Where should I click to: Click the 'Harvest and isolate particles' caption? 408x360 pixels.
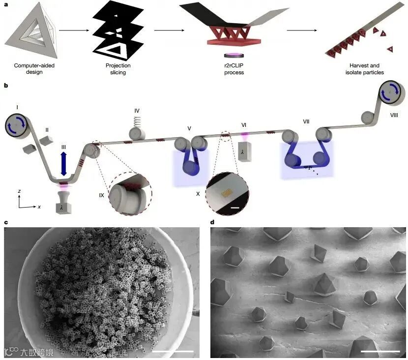pyautogui.click(x=364, y=69)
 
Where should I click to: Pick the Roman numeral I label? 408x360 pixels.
pyautogui.click(x=17, y=106)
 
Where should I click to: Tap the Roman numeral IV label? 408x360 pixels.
pyautogui.click(x=137, y=111)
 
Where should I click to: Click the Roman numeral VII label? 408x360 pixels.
pyautogui.click(x=306, y=121)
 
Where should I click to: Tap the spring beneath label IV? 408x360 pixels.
pyautogui.click(x=137, y=120)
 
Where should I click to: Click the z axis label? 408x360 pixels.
pyautogui.click(x=19, y=189)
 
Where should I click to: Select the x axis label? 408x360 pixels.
pyautogui.click(x=39, y=207)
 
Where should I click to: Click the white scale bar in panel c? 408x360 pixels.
pyautogui.click(x=176, y=351)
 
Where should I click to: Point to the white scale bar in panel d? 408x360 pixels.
pyautogui.click(x=380, y=351)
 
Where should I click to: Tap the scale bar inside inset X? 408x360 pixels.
pyautogui.click(x=234, y=208)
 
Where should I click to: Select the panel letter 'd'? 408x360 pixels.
pyautogui.click(x=212, y=222)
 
